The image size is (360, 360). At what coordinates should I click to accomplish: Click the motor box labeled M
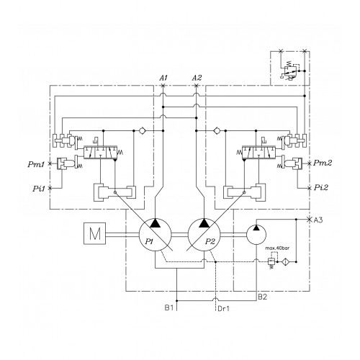point(94,233)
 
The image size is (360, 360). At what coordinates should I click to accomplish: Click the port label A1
point(163,78)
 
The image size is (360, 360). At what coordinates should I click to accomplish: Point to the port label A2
point(197,78)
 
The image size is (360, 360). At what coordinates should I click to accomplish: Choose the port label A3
point(318,220)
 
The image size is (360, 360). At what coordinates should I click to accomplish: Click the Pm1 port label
point(36,164)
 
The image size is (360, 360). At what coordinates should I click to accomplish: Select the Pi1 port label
point(39,189)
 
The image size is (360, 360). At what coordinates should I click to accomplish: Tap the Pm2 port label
point(323,163)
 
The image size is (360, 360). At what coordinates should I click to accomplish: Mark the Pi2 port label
point(321,187)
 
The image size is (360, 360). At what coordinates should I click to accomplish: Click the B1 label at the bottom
point(169,307)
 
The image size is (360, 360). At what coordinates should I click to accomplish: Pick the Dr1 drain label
point(223,308)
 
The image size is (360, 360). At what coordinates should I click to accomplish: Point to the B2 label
point(263,297)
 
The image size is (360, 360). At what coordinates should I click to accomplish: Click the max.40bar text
point(277,248)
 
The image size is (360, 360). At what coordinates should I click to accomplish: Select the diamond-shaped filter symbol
point(286,261)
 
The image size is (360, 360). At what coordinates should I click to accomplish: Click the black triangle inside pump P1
point(156,223)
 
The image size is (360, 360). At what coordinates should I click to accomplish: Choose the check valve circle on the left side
point(142,131)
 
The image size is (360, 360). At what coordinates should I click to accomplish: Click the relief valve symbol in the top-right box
point(290,71)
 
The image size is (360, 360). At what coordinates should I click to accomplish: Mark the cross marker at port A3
point(310,220)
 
